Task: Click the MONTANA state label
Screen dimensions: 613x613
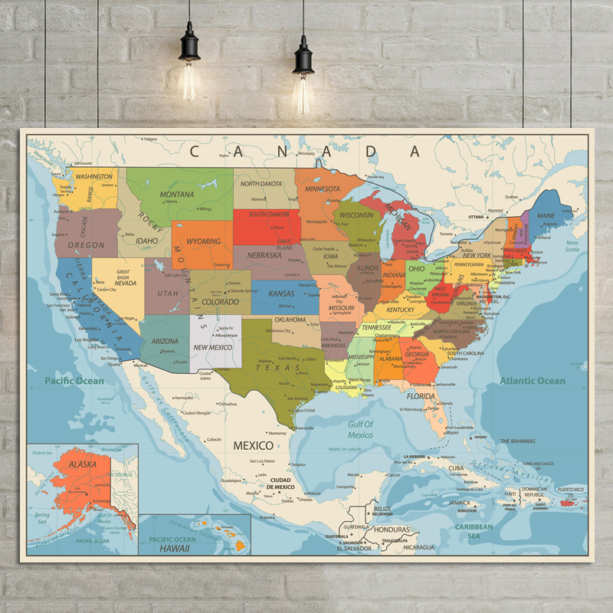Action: click(176, 195)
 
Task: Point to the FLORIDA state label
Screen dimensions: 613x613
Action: click(421, 396)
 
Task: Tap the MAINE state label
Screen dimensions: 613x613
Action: click(546, 216)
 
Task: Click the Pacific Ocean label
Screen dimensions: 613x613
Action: click(74, 381)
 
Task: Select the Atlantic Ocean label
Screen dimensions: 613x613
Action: click(533, 381)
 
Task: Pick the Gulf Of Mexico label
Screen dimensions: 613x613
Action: click(360, 429)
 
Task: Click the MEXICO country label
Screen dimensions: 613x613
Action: click(253, 445)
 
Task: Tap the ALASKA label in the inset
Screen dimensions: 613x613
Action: click(83, 465)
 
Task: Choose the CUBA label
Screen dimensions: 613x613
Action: click(456, 468)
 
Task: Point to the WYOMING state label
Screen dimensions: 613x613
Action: click(204, 241)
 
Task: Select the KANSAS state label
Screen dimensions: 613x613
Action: click(281, 293)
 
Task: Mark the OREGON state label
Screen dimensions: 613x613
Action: click(87, 245)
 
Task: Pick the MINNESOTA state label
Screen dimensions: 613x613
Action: click(322, 188)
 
